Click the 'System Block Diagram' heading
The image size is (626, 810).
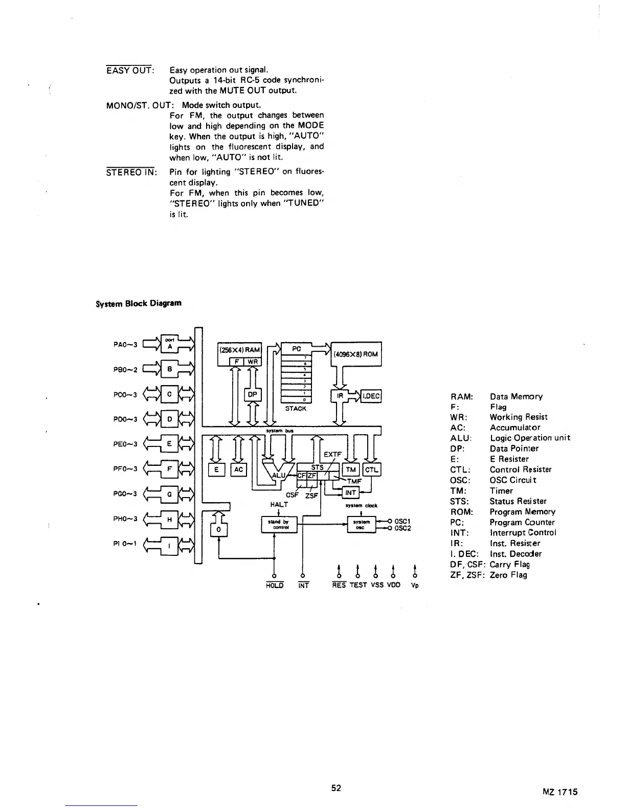(x=139, y=303)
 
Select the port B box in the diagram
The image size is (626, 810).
(x=169, y=368)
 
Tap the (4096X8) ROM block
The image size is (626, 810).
(x=356, y=354)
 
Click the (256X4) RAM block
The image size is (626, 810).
(x=239, y=350)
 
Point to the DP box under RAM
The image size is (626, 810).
(x=253, y=395)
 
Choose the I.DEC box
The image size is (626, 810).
(x=371, y=395)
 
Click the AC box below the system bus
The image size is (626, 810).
(x=239, y=469)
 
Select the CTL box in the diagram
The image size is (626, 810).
(x=372, y=469)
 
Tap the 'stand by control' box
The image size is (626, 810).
(x=279, y=525)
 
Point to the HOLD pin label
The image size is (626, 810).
(x=275, y=585)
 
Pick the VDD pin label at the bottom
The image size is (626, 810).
(x=393, y=584)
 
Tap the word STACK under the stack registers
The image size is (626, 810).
(x=296, y=409)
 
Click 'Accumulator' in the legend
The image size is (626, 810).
(x=515, y=427)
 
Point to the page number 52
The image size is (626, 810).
(x=336, y=788)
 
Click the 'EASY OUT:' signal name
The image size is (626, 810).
(x=129, y=70)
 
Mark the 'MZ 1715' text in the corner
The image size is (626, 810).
(x=560, y=792)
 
